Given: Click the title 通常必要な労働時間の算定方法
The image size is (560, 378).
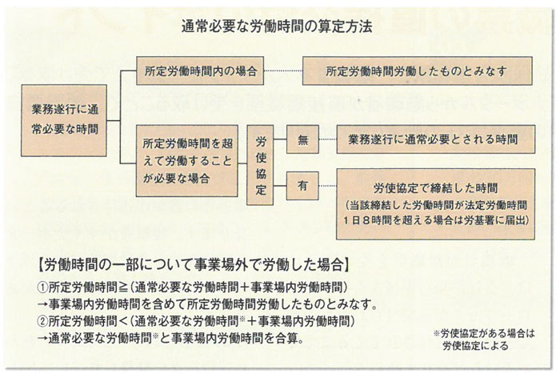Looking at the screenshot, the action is pos(277,26).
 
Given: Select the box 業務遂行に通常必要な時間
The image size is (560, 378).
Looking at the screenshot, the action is pos(64,120).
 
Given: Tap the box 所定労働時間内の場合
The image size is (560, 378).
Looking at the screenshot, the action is pos(200,70).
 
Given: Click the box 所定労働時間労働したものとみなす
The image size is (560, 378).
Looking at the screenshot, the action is pos(418,70).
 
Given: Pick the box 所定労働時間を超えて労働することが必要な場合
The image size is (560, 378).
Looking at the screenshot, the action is pos(187,160).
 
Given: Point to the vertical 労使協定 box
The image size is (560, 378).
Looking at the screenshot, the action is pos(260,165).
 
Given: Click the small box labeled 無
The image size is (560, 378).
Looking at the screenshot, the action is pos(302,139).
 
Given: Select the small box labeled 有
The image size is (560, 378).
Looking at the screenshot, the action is pos(302,186).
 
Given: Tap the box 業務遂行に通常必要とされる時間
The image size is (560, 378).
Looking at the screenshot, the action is pos(436,139).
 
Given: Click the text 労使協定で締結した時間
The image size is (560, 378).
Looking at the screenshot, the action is pos(436,188).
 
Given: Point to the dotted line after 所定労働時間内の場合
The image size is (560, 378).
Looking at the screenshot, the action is pos(283,70).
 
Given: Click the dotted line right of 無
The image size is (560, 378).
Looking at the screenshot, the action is pos(327,139).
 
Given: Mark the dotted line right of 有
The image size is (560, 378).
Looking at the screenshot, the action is pos(327,186).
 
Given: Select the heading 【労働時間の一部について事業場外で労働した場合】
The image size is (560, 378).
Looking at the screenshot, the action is pos(193,266).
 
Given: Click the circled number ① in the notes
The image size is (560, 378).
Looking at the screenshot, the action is pos(42,287).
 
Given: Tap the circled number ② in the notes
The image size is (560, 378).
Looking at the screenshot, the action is pos(42,321).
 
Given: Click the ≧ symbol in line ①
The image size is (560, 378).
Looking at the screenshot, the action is pos(123,287).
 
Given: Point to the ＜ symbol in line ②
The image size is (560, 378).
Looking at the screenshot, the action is pos(123,321).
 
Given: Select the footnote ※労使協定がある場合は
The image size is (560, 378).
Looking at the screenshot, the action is pos(484,334).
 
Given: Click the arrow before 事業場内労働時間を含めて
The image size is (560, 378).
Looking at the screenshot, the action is pos(42,304).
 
